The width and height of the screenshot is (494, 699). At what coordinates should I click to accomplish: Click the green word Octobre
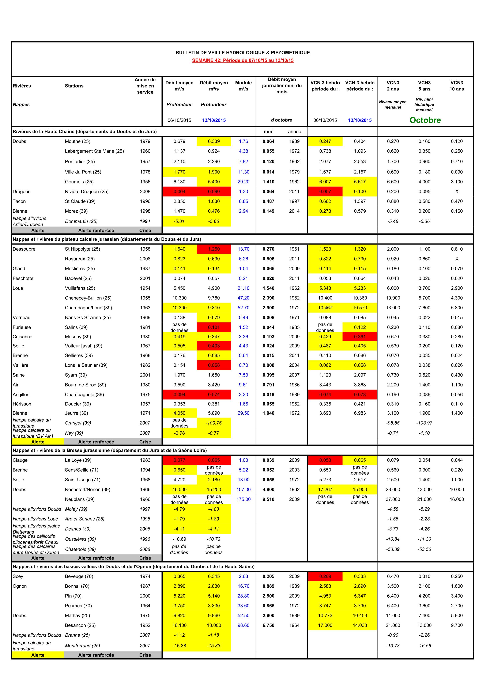[425, 120]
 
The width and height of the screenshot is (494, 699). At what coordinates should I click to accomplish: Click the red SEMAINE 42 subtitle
[243, 60]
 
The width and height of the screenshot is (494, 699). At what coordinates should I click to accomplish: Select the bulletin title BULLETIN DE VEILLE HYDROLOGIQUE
[243, 53]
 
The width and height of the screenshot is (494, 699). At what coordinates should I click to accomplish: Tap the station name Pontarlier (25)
[80, 161]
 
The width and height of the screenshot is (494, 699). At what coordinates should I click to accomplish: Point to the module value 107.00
[244, 490]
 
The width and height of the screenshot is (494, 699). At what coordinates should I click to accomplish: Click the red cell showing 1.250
[214, 249]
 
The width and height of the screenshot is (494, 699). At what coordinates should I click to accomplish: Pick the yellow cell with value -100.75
[214, 423]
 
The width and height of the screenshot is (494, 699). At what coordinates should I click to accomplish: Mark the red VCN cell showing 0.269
[325, 576]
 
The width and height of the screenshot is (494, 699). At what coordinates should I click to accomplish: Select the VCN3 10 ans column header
[457, 86]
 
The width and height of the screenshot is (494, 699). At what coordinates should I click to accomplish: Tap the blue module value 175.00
[244, 499]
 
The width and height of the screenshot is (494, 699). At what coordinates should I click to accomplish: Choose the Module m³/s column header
[244, 86]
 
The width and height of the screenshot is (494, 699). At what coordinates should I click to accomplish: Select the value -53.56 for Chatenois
[424, 549]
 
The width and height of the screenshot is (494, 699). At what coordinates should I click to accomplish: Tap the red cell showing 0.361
[360, 337]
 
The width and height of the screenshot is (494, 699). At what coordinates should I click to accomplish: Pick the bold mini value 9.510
[268, 499]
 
